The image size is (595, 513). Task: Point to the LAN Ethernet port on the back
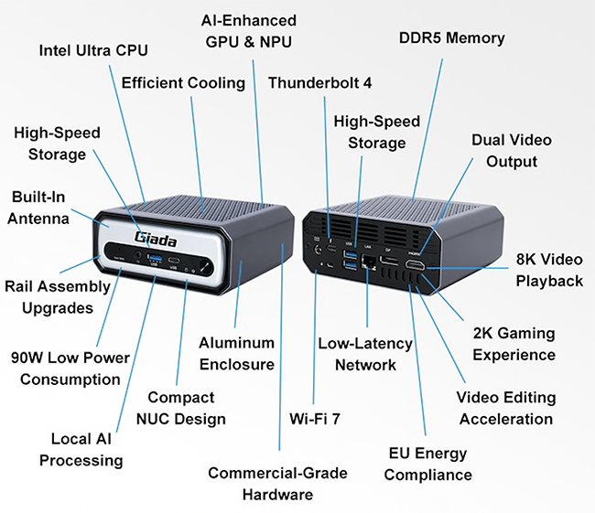pos(368,263)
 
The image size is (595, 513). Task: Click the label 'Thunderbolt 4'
pos(319,83)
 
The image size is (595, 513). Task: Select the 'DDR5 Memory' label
pos(452,37)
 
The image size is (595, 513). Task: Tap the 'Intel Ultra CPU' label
pos(92,49)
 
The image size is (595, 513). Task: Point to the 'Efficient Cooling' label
pos(183,82)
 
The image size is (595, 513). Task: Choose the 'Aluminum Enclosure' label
pos(237,353)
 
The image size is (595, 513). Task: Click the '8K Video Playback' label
pos(549,271)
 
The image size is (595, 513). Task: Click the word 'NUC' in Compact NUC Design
pos(168,419)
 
